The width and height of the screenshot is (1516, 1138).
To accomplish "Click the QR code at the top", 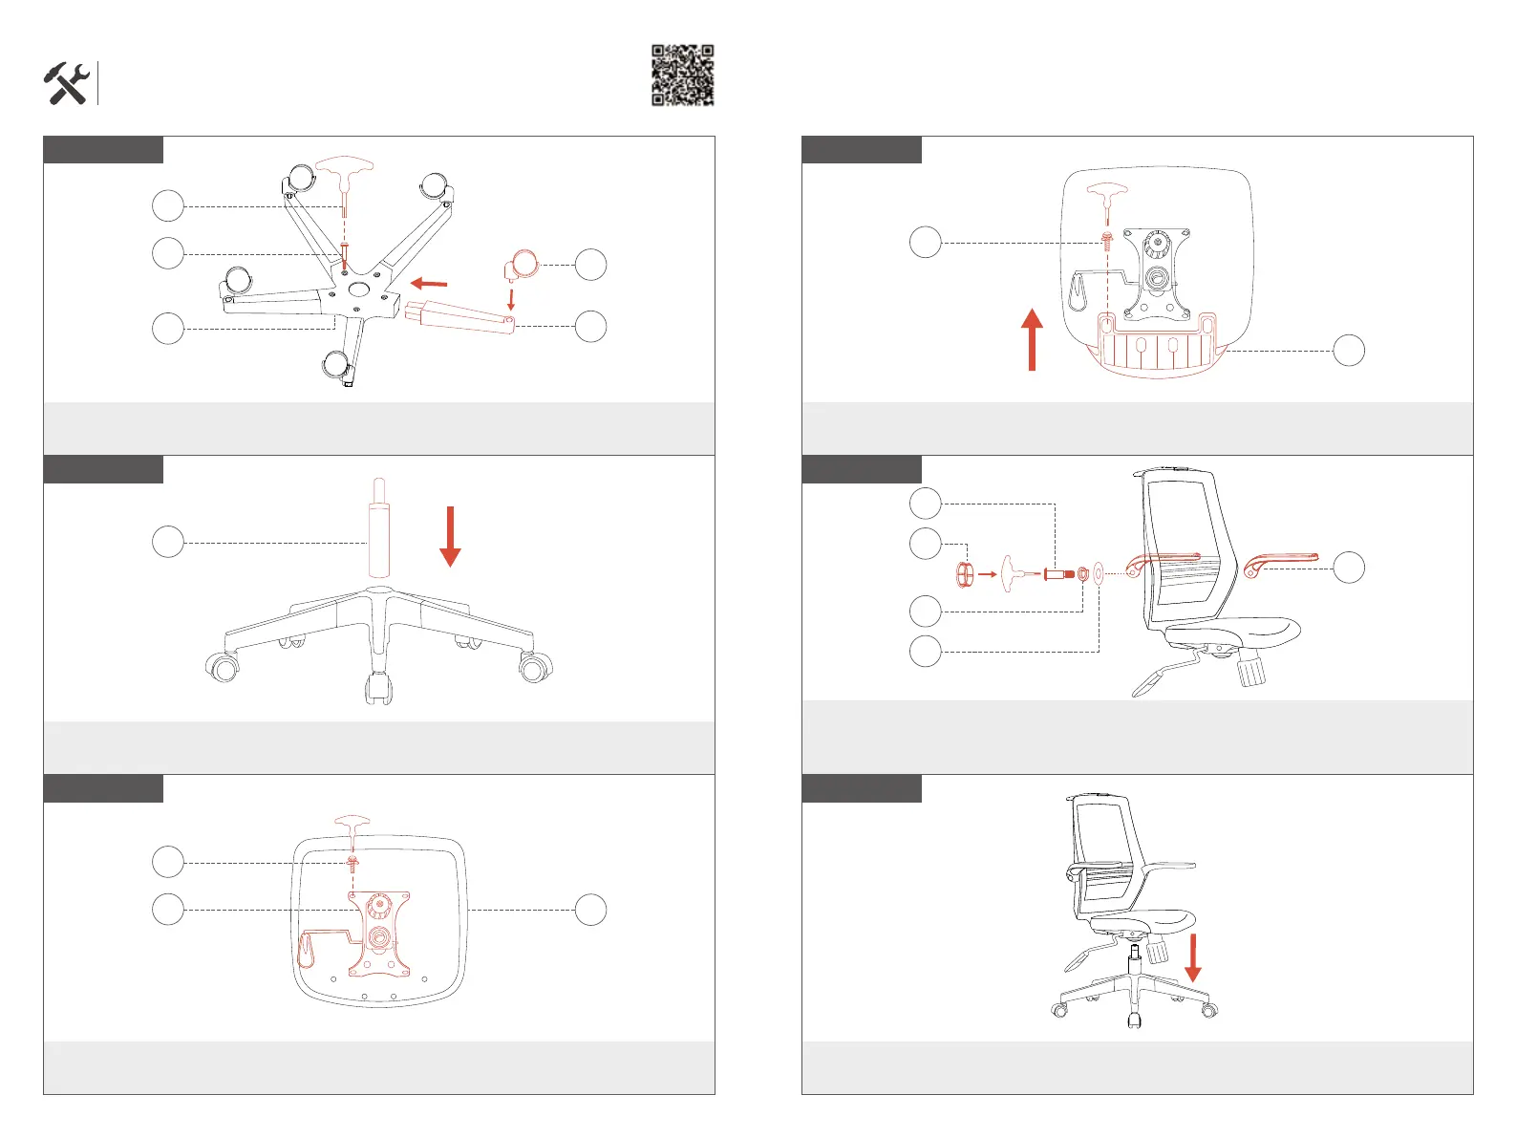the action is click(683, 75).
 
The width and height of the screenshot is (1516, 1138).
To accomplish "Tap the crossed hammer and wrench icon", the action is click(66, 84).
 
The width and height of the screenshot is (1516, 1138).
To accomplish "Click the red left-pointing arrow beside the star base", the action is click(429, 283).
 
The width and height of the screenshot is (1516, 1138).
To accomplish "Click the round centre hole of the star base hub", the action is click(360, 289).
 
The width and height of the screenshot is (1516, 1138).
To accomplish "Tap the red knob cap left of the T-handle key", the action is click(965, 574).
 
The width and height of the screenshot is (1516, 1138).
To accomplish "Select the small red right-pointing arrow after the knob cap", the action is click(987, 574).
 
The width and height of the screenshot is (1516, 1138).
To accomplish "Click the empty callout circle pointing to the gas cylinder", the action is click(168, 542).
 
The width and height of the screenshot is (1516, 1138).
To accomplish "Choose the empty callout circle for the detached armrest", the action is click(1349, 567).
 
